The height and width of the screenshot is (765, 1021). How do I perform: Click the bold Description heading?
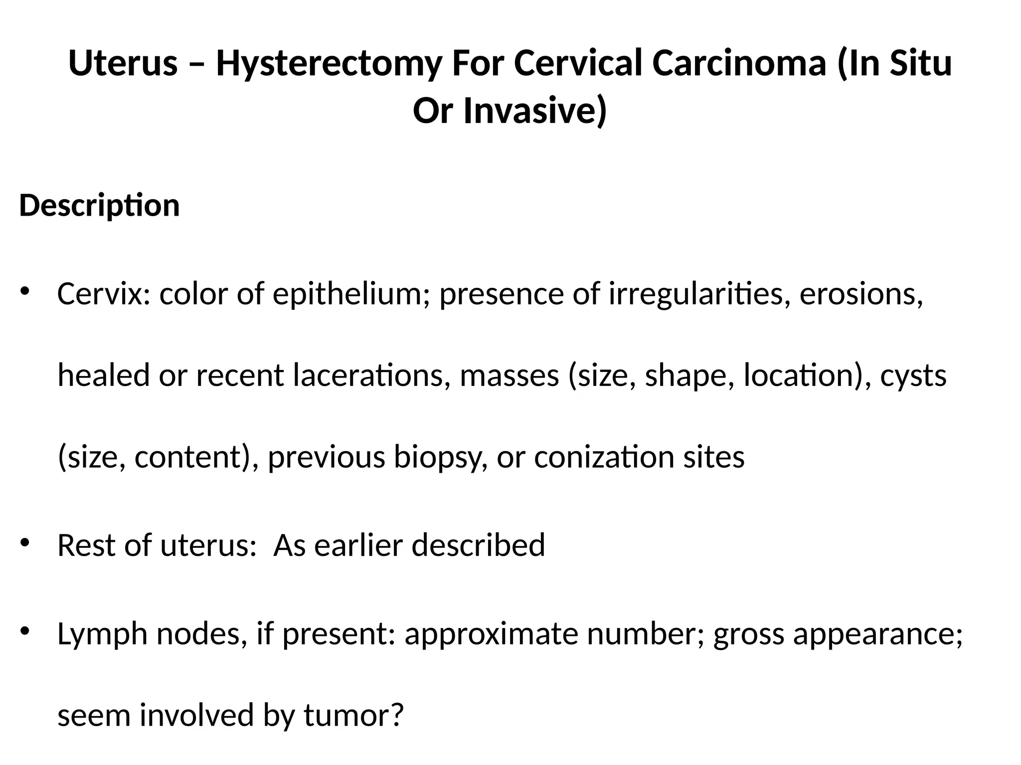[99, 205]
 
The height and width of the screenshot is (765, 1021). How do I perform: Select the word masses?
[510, 375]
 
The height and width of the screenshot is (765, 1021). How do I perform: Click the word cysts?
[913, 375]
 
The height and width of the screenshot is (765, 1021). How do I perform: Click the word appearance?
[877, 634]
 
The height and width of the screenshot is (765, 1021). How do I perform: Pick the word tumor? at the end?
[353, 715]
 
